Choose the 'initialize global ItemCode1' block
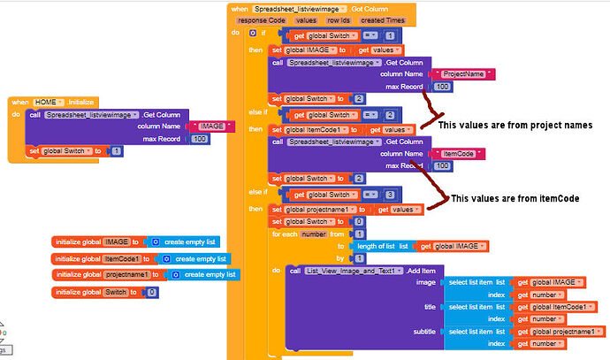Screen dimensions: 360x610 click(x=97, y=257)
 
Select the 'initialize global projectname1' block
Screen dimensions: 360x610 click(x=102, y=274)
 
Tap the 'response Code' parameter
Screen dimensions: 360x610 click(x=263, y=19)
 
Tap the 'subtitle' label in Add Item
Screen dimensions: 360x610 click(x=426, y=332)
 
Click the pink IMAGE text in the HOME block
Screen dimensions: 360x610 click(x=212, y=126)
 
